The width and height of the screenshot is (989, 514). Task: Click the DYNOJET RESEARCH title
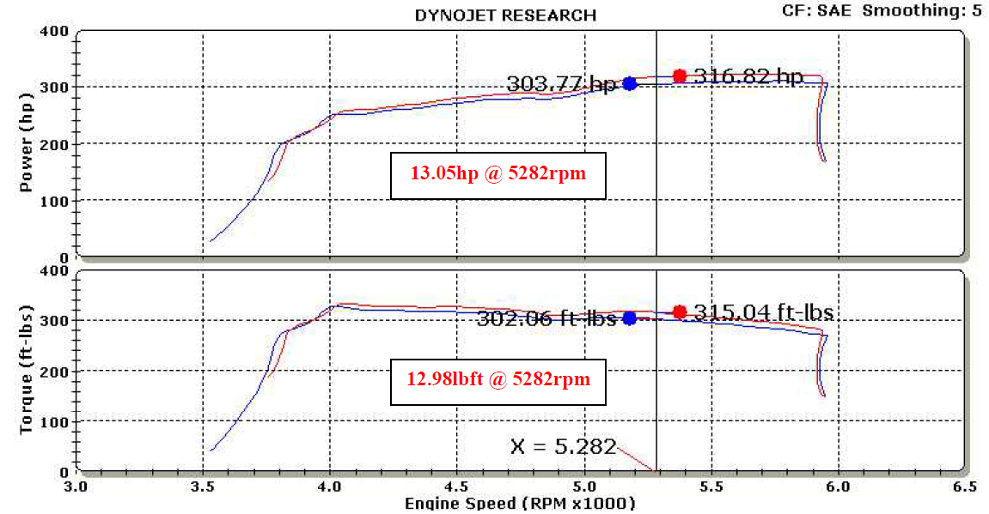505,15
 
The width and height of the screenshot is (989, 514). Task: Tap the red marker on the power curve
680,76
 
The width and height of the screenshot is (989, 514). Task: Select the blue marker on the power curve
630,83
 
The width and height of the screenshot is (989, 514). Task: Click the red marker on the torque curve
680,311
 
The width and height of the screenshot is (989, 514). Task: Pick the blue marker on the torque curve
630,317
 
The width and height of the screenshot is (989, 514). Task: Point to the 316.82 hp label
748,76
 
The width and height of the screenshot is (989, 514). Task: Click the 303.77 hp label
561,84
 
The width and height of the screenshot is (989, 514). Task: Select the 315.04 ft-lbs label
763,312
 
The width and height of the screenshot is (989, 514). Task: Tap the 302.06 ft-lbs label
546,318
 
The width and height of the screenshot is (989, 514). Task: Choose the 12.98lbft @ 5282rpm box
498,378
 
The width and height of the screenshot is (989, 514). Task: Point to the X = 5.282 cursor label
564,446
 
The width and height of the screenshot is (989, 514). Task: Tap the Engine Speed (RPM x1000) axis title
520,504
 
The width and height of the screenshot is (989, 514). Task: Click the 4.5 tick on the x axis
457,486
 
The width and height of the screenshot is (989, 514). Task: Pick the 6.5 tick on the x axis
964,486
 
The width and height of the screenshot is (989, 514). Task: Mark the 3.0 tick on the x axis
76,486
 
